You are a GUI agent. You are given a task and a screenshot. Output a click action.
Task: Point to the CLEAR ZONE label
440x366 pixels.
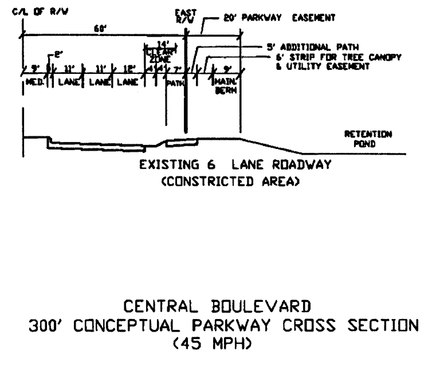pyautogui.click(x=155, y=55)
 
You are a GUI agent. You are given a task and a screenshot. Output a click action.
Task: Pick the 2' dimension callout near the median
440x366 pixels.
pyautogui.click(x=57, y=55)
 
